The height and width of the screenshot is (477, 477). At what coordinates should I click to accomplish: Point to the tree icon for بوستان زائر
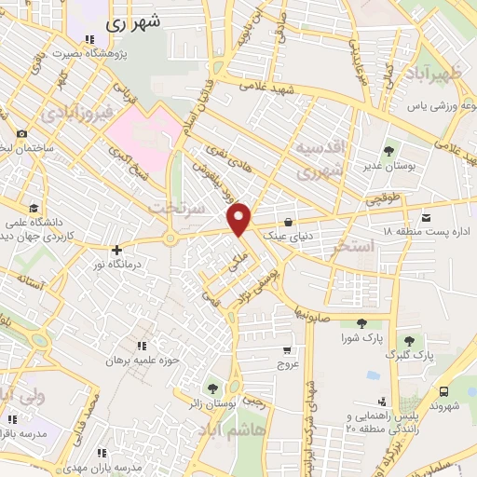(213, 387)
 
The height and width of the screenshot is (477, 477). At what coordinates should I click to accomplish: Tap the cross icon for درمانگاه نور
(116, 251)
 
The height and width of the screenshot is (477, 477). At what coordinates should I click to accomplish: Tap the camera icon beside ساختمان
(20, 134)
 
